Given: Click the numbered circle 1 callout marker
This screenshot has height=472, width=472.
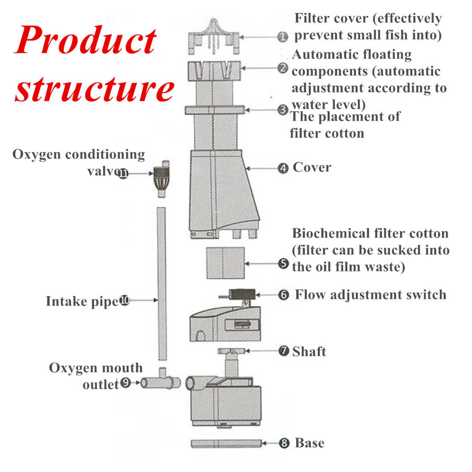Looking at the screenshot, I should click(x=282, y=37).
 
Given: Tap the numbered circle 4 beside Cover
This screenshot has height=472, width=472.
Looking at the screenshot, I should click(x=283, y=168).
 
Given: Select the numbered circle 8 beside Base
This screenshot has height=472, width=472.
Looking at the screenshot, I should click(x=284, y=444).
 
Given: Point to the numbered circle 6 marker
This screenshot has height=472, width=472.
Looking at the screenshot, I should click(x=284, y=295).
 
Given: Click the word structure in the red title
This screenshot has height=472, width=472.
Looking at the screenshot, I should click(x=94, y=90).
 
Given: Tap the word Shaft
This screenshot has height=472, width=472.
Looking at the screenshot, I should click(x=309, y=351).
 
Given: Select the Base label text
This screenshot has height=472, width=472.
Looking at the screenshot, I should click(x=309, y=443).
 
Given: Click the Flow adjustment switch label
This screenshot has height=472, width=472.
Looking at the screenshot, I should click(x=370, y=294).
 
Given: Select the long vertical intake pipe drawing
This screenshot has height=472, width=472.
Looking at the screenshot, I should click(x=162, y=283).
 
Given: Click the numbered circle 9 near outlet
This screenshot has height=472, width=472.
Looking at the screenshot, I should click(x=126, y=383).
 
